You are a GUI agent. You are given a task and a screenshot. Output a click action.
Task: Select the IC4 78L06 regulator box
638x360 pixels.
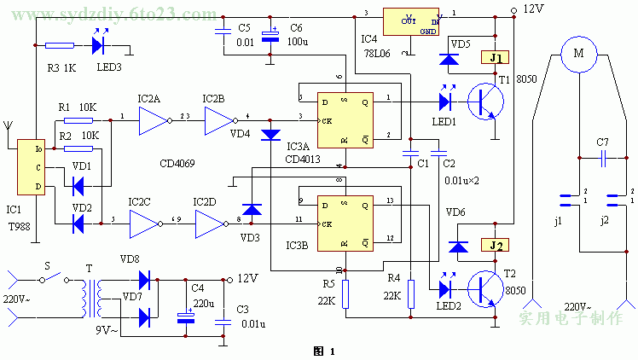411,23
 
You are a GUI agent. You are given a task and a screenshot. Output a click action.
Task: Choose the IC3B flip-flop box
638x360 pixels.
345,223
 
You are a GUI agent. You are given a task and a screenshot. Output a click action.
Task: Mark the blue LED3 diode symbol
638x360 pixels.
99,45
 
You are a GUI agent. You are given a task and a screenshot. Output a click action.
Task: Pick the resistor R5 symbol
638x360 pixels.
345,295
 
